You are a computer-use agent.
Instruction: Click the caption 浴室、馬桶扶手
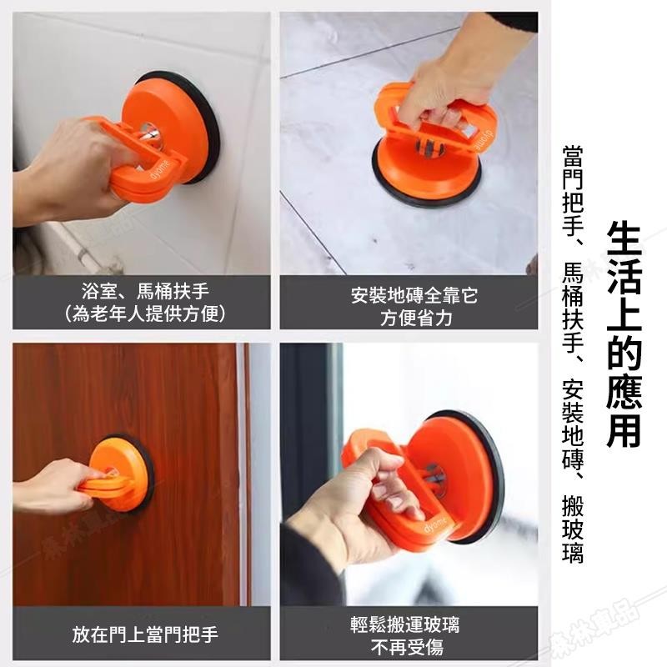click(145, 291)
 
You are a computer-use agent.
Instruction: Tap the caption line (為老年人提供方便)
click(145, 314)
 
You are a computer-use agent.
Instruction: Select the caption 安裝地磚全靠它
click(414, 295)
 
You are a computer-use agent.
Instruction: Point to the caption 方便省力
click(416, 318)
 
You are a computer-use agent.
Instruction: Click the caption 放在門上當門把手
click(145, 634)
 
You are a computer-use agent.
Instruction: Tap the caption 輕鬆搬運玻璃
click(405, 624)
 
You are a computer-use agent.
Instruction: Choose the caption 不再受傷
click(407, 648)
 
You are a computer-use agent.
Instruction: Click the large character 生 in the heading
click(624, 240)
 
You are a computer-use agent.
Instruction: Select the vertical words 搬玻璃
click(573, 529)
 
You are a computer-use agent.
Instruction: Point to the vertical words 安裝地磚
click(573, 424)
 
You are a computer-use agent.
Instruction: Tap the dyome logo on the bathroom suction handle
click(162, 170)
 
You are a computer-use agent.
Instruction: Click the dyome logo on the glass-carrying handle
click(436, 525)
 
